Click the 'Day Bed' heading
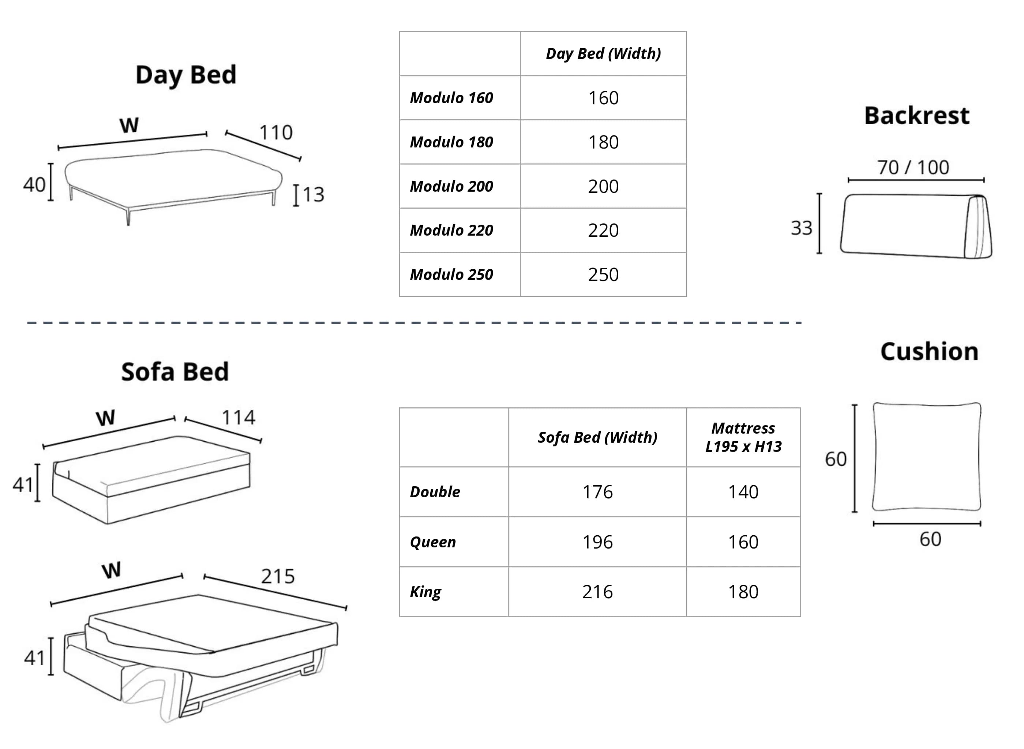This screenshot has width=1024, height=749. point(186,75)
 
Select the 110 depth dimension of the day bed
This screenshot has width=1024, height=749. point(275,133)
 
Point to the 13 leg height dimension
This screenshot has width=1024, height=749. point(313,195)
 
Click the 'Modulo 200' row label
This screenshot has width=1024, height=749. point(451,186)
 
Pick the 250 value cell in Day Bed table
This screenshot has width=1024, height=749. point(603,275)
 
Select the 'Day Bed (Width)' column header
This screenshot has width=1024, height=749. point(603,54)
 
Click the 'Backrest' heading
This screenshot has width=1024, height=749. point(916,116)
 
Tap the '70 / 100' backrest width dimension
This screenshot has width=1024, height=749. point(912,168)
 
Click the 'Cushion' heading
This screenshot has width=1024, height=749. point(929,352)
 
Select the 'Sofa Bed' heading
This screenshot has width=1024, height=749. point(175,372)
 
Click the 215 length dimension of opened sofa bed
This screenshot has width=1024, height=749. point(278,576)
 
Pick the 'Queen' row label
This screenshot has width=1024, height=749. point(432,542)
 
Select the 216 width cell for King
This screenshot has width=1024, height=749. point(597,592)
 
